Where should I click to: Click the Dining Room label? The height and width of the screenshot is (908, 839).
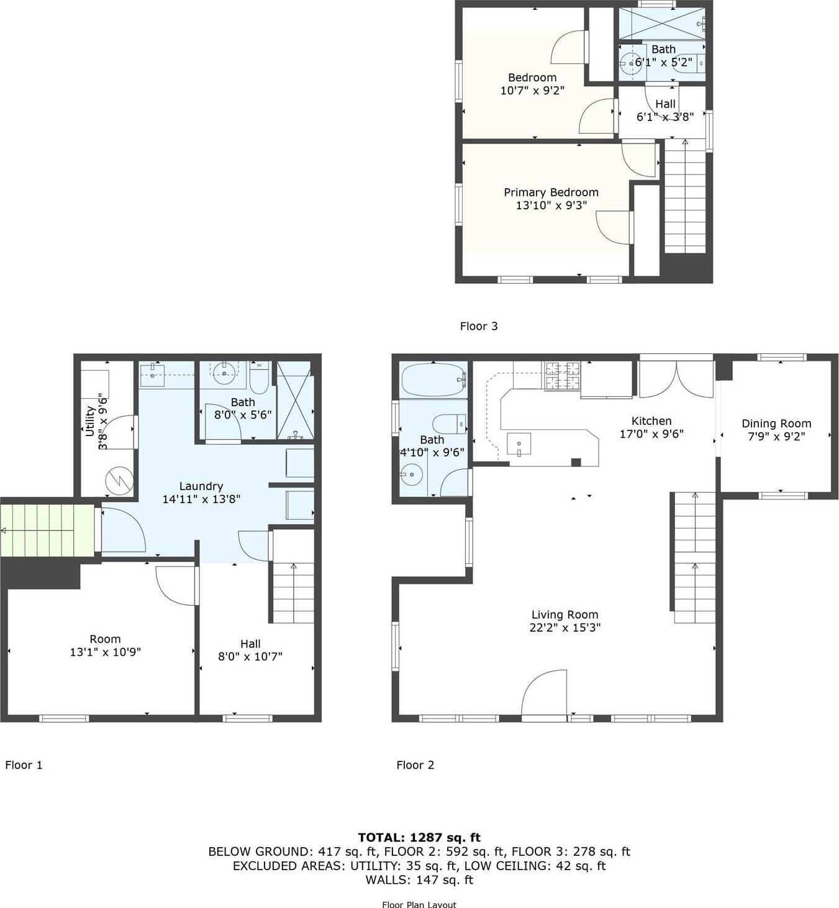tap(776, 424)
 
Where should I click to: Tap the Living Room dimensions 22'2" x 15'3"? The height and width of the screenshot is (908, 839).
tap(565, 628)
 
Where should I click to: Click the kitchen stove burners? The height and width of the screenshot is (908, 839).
tap(562, 375)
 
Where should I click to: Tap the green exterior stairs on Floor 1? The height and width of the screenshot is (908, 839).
tap(47, 530)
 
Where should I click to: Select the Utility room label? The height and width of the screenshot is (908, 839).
tap(90, 420)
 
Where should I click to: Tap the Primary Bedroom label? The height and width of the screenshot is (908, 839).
tap(551, 193)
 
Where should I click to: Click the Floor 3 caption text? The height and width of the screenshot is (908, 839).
tap(479, 326)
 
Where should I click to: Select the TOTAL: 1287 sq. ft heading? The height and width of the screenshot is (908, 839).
tap(419, 837)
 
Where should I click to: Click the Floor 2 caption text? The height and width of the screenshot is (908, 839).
tap(415, 765)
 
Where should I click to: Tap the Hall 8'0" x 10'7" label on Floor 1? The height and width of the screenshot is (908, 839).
tap(250, 650)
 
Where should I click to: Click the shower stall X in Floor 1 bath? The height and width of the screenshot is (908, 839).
tap(294, 401)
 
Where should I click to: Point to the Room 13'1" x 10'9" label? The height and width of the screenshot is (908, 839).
tap(105, 645)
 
